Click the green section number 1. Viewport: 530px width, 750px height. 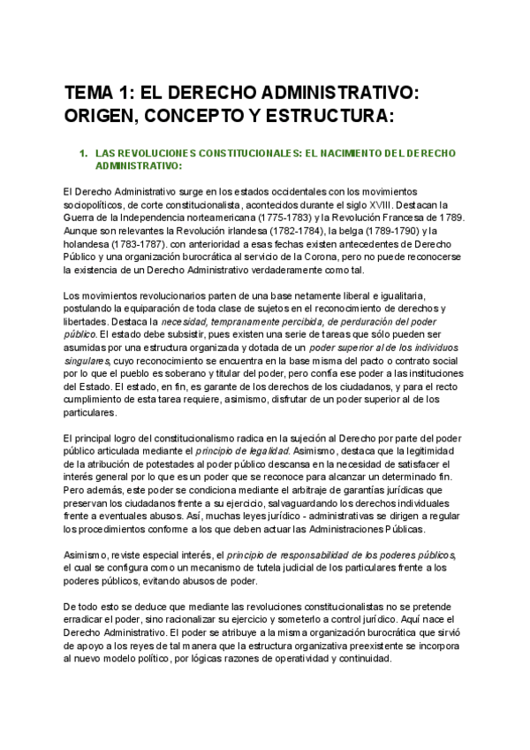(x=82, y=153)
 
